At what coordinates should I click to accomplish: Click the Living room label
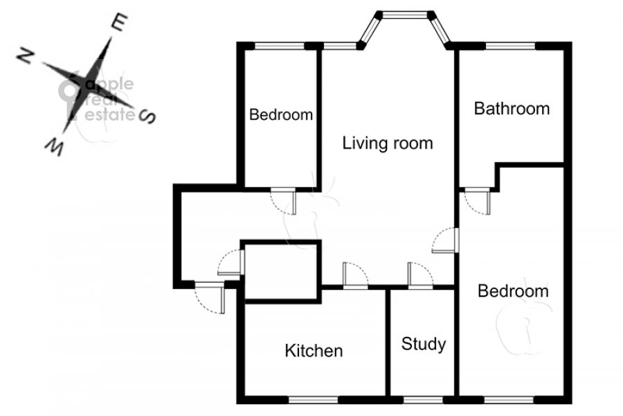(388, 144)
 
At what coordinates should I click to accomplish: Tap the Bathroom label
(512, 109)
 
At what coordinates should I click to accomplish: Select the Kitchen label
(314, 351)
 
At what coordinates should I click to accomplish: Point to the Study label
(424, 345)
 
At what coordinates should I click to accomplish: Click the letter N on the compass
(25, 57)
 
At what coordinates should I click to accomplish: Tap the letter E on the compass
(120, 22)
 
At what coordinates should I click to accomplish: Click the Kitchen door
(355, 275)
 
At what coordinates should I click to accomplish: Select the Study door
(420, 275)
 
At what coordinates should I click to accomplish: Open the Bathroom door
(477, 202)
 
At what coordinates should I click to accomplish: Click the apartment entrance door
(210, 297)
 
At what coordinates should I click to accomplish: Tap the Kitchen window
(313, 399)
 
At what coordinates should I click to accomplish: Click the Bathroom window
(511, 46)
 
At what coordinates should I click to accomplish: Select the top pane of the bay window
(405, 15)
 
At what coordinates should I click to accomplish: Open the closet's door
(231, 262)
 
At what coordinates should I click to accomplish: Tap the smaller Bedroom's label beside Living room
(281, 114)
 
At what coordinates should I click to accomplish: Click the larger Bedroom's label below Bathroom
(513, 291)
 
